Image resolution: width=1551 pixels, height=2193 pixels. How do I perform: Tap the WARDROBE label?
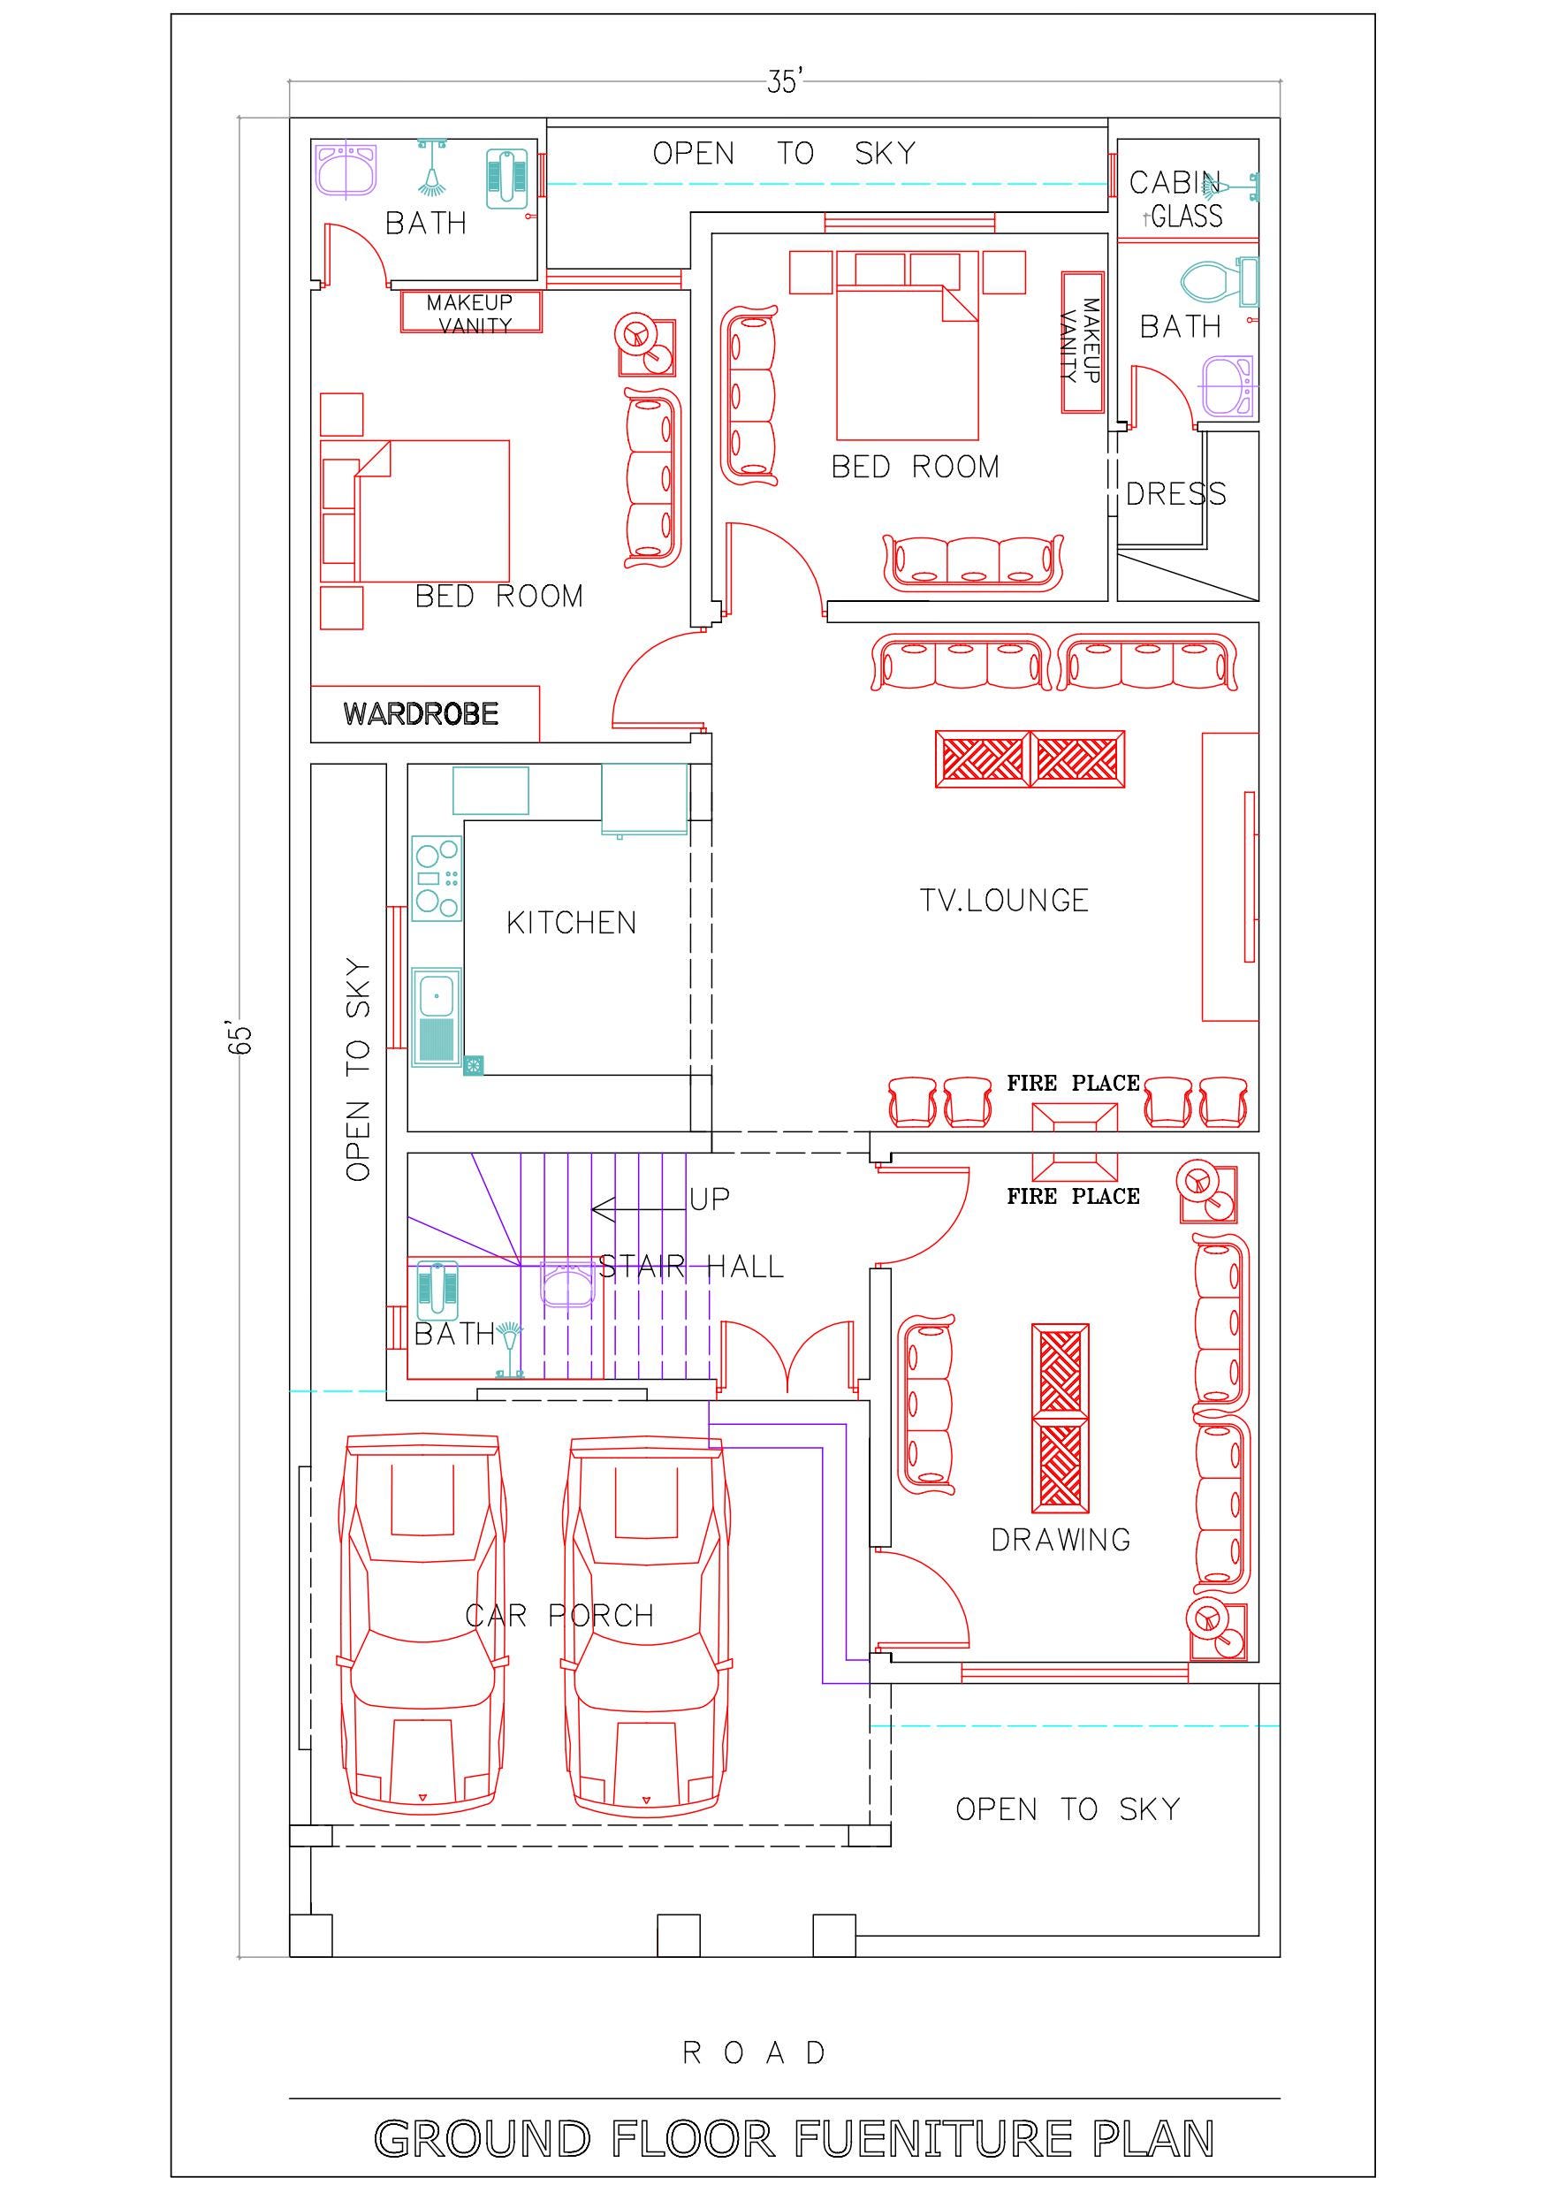coord(422,713)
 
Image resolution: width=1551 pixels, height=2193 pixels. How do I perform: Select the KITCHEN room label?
coord(571,923)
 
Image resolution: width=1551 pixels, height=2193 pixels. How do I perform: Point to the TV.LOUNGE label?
coord(1004,900)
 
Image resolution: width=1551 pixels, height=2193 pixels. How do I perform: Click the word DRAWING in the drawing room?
coord(1061,1540)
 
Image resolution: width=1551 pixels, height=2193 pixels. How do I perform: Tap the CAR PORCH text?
coord(559,1615)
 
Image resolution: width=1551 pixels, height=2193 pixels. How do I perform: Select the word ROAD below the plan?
coord(755,2052)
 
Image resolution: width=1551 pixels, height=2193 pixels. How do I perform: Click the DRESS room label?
coord(1175,494)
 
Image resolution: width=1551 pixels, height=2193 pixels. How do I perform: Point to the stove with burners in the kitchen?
coord(437,878)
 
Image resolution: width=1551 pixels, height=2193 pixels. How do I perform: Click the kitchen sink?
coord(437,1017)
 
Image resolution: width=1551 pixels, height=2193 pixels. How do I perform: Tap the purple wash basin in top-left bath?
coord(346,169)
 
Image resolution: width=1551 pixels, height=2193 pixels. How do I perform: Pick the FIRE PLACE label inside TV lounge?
coord(1073,1083)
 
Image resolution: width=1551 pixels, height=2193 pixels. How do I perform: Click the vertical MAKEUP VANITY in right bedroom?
coord(1082,342)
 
